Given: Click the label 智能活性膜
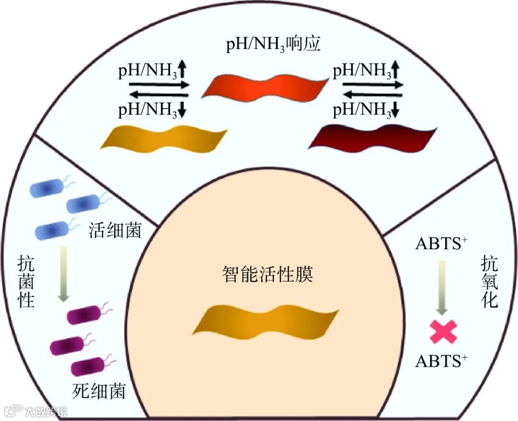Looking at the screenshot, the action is coord(268,276).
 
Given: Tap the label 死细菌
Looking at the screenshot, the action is coord(98,391).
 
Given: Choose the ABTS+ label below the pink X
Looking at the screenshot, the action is coord(442,361).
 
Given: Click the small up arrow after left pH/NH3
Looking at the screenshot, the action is coord(183,72).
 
